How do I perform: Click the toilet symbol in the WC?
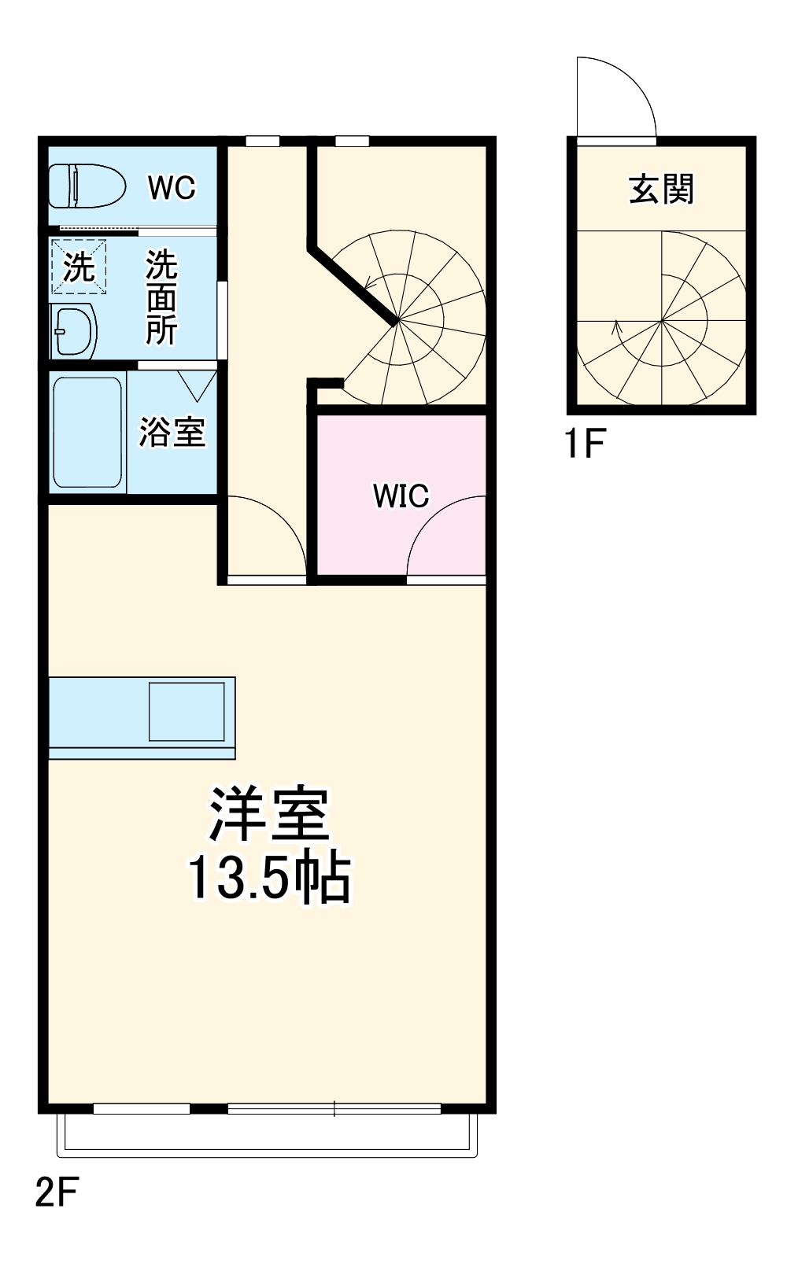pos(87,186)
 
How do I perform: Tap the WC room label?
pos(172,187)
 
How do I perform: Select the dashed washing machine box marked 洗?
pos(78,267)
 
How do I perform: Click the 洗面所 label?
pos(161,297)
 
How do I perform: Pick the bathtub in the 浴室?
pos(87,432)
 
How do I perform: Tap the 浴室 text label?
pos(172,432)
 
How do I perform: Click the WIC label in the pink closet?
pos(401,496)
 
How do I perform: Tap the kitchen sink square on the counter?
pos(187,712)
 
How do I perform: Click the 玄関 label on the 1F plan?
pos(661,190)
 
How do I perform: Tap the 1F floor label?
pos(585,444)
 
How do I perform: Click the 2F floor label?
pos(57,1192)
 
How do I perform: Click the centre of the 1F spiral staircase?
pos(662,320)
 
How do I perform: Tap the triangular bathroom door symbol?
pos(197,384)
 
